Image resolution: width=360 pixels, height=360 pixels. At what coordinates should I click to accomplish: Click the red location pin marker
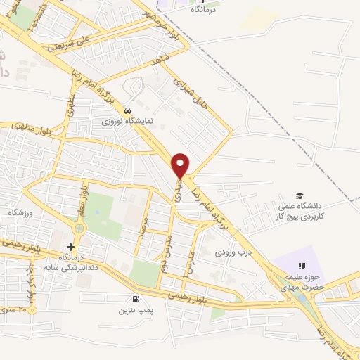pos(181,165)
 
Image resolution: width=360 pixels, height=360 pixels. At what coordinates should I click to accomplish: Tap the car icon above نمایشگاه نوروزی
pos(127,111)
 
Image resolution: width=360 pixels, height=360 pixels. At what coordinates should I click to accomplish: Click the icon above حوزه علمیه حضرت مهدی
pos(301,266)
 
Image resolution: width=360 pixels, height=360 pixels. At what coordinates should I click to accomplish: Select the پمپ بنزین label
pos(134,309)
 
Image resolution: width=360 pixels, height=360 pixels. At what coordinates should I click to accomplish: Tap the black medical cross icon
pos(70,247)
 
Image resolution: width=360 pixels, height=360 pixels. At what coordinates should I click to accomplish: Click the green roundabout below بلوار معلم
pos(78,229)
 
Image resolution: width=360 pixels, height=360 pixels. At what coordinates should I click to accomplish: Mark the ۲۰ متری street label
pos(18,308)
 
